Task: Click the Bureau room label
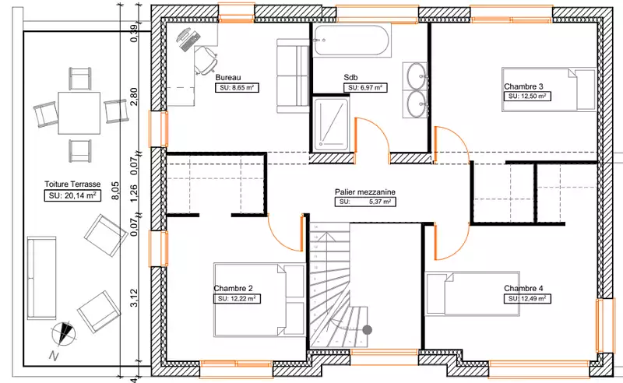click(x=228, y=78)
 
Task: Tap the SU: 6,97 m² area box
click(x=365, y=88)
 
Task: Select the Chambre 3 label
click(x=523, y=86)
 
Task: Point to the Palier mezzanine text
click(x=364, y=192)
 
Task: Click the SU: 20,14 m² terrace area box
click(x=72, y=195)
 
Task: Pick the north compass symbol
click(x=63, y=333)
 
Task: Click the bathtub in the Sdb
click(x=352, y=40)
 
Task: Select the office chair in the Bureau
click(x=206, y=60)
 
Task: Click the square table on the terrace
click(x=79, y=113)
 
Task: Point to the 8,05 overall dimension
click(x=114, y=190)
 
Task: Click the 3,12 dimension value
click(x=134, y=297)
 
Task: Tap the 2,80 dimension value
click(x=134, y=97)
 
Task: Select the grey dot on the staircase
click(x=367, y=329)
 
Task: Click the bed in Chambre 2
click(x=259, y=300)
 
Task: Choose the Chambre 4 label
click(x=523, y=289)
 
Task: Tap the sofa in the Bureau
click(x=293, y=76)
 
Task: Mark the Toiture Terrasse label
click(x=72, y=184)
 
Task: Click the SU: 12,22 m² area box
click(x=237, y=299)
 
